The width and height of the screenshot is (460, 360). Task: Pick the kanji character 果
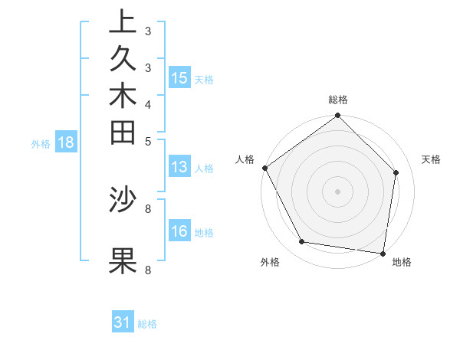pyautogui.click(x=123, y=260)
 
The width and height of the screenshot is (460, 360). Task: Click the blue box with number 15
pyautogui.click(x=179, y=77)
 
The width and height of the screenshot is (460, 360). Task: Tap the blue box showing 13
pyautogui.click(x=179, y=168)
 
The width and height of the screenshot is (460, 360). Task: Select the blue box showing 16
pyautogui.click(x=179, y=231)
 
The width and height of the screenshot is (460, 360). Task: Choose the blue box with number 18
pyautogui.click(x=66, y=142)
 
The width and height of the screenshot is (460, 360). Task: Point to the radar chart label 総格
pyautogui.click(x=338, y=100)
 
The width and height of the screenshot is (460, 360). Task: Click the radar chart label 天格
pyautogui.click(x=431, y=159)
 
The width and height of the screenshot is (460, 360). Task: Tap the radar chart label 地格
pyautogui.click(x=402, y=262)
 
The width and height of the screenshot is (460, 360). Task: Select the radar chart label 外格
pyautogui.click(x=270, y=262)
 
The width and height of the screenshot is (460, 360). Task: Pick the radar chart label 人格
pyautogui.click(x=245, y=159)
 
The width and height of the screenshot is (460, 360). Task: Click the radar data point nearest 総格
pyautogui.click(x=338, y=116)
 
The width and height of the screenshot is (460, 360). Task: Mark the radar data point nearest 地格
pyautogui.click(x=383, y=252)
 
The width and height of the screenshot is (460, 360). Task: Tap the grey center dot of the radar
pyautogui.click(x=338, y=191)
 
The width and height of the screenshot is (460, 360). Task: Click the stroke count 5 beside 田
pyautogui.click(x=147, y=140)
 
